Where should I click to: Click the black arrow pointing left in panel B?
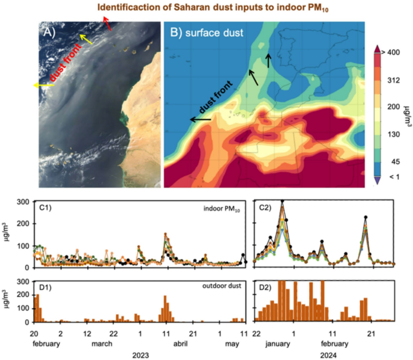200,119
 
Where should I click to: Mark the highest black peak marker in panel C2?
282,201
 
